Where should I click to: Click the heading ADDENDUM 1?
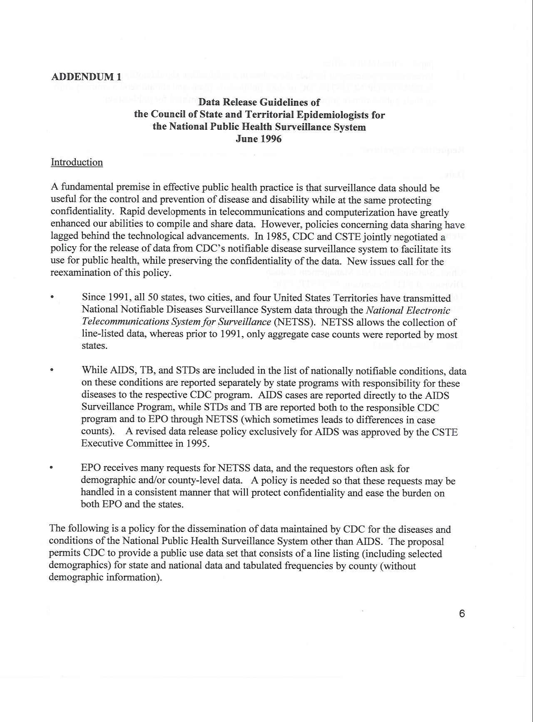point(86,77)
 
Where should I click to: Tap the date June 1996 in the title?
point(259,139)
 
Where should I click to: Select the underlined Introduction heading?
point(77,162)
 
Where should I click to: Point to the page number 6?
point(462,613)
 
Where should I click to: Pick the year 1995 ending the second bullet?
point(197,443)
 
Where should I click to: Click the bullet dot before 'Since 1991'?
point(52,297)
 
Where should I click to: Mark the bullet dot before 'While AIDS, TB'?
point(52,369)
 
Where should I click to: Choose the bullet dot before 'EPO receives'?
point(52,468)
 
